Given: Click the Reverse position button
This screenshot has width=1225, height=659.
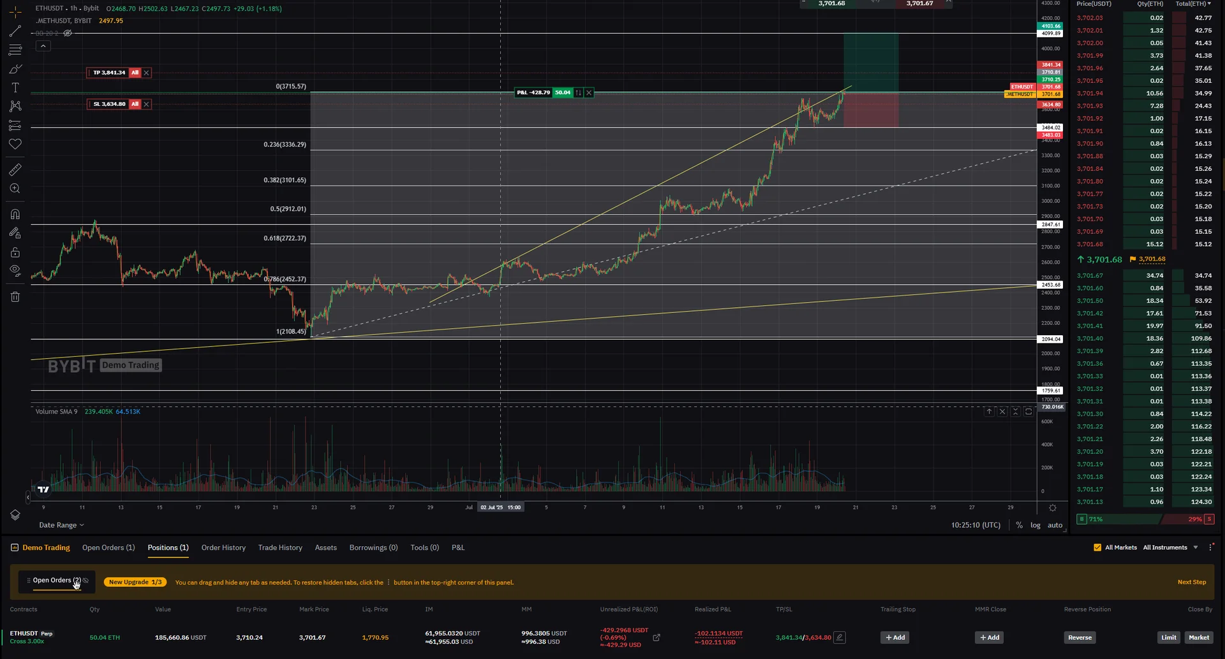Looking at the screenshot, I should [x=1080, y=637].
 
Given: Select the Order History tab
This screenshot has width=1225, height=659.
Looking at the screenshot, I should [x=223, y=547].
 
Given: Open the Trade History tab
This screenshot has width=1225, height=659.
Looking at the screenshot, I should [x=280, y=547].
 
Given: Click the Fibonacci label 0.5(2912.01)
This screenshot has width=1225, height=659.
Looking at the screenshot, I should [x=288, y=209].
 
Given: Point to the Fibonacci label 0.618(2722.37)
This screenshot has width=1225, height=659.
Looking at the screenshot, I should [x=285, y=238].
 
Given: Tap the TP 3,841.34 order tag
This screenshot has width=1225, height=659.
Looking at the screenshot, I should [x=109, y=73].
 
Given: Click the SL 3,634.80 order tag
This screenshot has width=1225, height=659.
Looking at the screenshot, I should [x=109, y=104].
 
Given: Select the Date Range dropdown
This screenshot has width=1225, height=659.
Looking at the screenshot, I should [x=61, y=525].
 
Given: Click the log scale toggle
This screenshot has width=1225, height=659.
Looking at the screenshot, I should [x=1035, y=525].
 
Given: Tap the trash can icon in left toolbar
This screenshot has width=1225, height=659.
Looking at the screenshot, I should [x=15, y=297].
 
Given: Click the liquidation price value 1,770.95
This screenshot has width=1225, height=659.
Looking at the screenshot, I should [x=375, y=637].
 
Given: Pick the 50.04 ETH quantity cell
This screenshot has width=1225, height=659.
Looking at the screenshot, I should [x=105, y=637].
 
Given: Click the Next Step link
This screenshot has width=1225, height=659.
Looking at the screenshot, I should [x=1191, y=582].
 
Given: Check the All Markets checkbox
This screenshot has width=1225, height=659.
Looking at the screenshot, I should [x=1097, y=547].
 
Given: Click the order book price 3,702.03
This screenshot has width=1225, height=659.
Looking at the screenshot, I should [x=1090, y=18].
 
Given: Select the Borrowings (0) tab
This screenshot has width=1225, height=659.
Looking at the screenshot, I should [x=373, y=547].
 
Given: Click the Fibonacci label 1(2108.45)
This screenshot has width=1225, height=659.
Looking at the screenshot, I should [x=291, y=331].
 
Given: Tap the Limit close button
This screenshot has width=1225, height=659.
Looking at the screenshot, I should [x=1168, y=637].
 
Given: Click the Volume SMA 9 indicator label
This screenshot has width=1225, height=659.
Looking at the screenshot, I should [x=56, y=412].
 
